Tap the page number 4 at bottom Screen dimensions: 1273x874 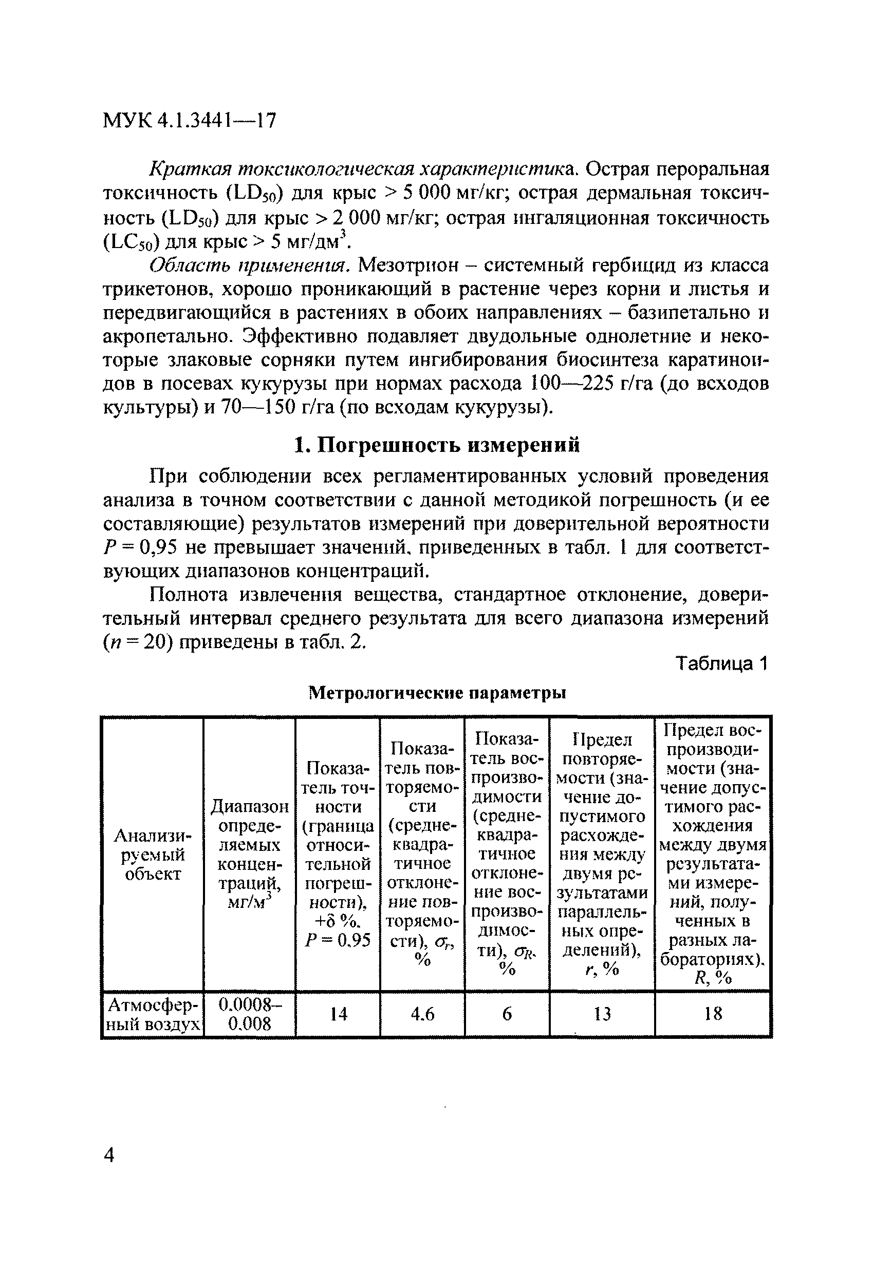click(109, 1171)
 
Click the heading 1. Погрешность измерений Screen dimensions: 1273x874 click(437, 445)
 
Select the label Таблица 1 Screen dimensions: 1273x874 click(722, 664)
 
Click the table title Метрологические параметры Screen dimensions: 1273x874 click(437, 693)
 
